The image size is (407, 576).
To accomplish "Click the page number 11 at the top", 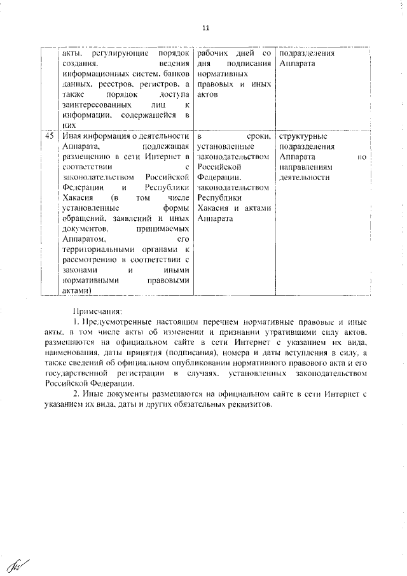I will point(205,28).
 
